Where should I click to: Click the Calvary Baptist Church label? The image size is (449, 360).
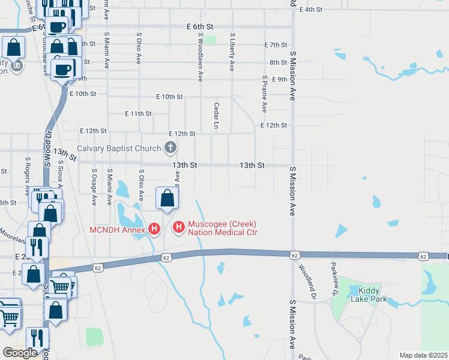click(x=119, y=148)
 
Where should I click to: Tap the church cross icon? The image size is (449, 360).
click(x=170, y=148)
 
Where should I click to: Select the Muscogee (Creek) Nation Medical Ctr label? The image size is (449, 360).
click(x=223, y=228)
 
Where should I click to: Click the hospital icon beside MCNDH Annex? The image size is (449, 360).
click(x=154, y=229)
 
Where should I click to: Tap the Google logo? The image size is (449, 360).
click(x=20, y=353)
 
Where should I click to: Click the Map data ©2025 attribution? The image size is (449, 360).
click(x=423, y=355)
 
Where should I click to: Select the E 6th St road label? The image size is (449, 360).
click(x=200, y=27)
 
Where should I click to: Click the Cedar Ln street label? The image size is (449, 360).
click(x=215, y=115)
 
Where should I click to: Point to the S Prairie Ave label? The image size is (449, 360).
click(x=264, y=94)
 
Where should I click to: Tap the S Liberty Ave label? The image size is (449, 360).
click(x=232, y=52)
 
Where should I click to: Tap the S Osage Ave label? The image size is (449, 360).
click(x=94, y=187)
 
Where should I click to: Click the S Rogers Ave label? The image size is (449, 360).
click(x=28, y=177)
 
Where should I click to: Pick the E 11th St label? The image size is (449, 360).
click(x=138, y=113)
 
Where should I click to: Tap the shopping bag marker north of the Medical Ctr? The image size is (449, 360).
click(x=167, y=198)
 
